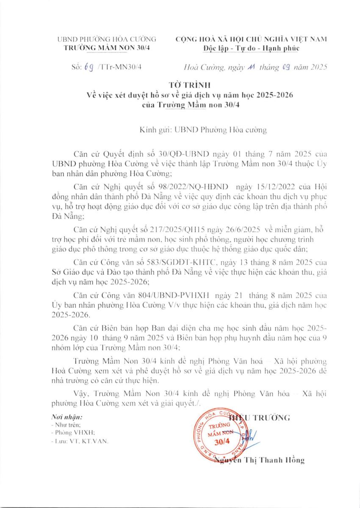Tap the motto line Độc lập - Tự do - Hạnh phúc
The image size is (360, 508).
click(251, 48)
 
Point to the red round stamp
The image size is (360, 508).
click(221, 436)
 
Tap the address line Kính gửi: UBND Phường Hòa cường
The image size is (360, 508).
click(203, 130)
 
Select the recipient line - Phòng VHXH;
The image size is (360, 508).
click(72, 433)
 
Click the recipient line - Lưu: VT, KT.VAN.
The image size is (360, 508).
click(79, 441)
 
